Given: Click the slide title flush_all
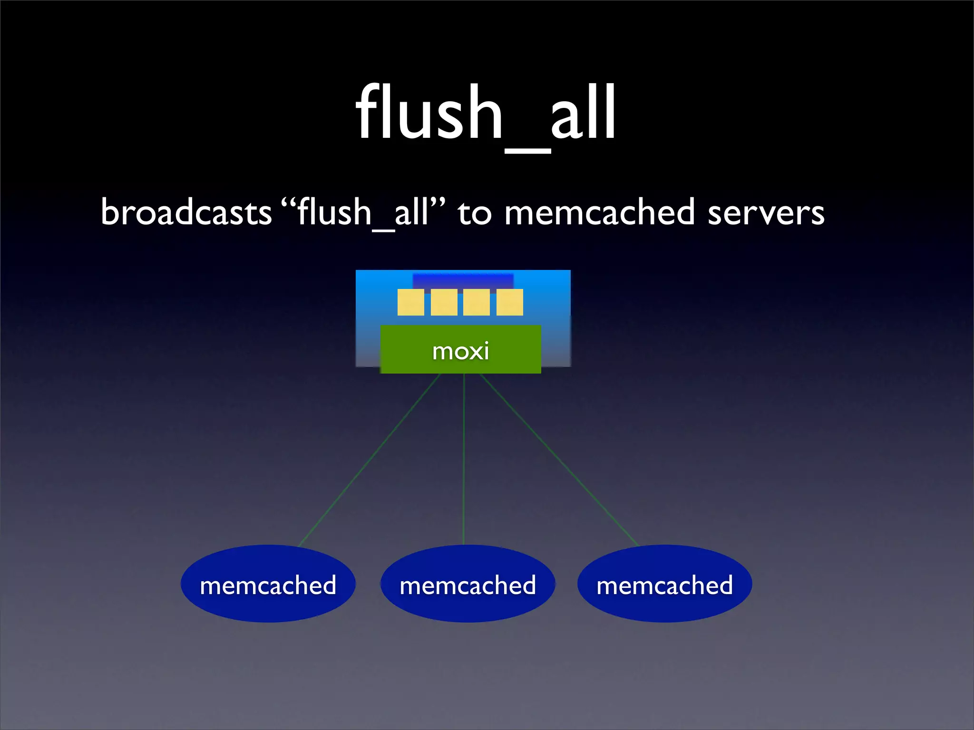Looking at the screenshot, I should click(x=486, y=114).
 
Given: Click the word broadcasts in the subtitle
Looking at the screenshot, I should click(x=186, y=212).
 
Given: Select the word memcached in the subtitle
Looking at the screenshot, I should click(x=599, y=212).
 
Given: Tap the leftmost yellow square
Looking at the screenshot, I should click(x=411, y=302).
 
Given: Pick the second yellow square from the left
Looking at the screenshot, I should click(x=444, y=302).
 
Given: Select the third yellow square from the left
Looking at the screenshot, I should click(x=477, y=302).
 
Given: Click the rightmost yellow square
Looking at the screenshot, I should click(x=509, y=302).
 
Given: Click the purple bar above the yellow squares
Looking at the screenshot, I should click(x=463, y=280).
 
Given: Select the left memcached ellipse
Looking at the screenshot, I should click(x=268, y=584).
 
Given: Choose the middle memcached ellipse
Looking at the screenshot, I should click(x=468, y=584).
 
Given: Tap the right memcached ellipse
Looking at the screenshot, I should click(x=664, y=584).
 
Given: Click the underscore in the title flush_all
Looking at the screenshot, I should click(x=527, y=151).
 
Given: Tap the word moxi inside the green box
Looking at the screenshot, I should click(x=460, y=352).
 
